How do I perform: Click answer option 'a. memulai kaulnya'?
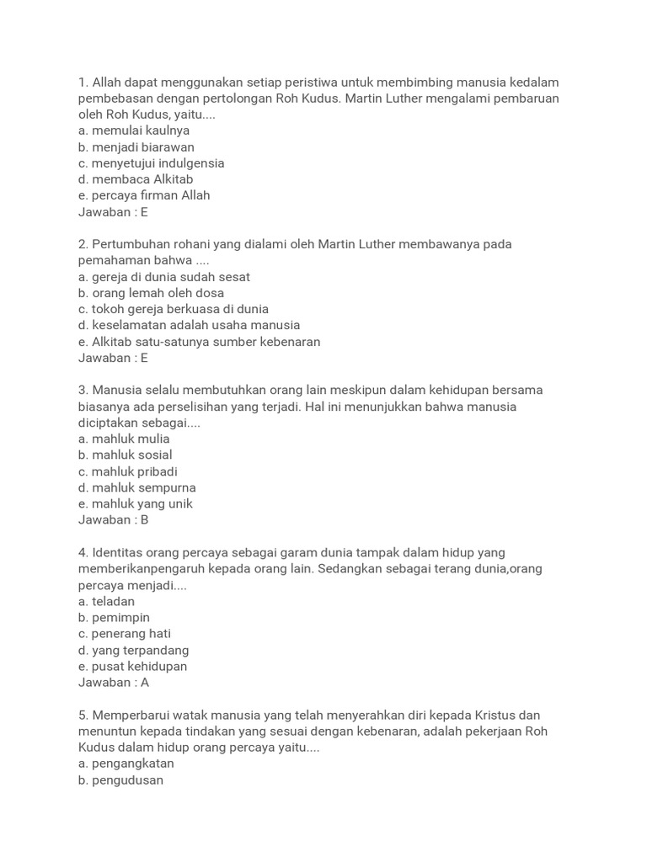[x=134, y=130]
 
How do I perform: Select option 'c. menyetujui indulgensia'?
[x=152, y=163]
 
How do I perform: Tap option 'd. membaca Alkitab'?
[x=136, y=179]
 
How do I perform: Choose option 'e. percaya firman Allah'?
[x=144, y=195]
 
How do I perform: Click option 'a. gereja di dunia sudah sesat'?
[x=164, y=277]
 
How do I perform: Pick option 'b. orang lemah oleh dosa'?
[x=152, y=293]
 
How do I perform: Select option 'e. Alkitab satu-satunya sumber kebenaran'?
[x=200, y=342]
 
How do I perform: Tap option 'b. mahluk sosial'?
[x=126, y=455]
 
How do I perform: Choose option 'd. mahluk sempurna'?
[x=137, y=487]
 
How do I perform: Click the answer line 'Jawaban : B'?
[x=114, y=520]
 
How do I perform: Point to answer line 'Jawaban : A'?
[x=114, y=683]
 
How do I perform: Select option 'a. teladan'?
[x=106, y=602]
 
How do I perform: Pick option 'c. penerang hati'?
[x=125, y=634]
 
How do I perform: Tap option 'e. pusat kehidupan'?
[x=133, y=667]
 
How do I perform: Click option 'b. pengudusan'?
[x=121, y=780]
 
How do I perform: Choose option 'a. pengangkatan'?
[x=126, y=764]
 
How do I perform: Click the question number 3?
[x=83, y=391]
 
